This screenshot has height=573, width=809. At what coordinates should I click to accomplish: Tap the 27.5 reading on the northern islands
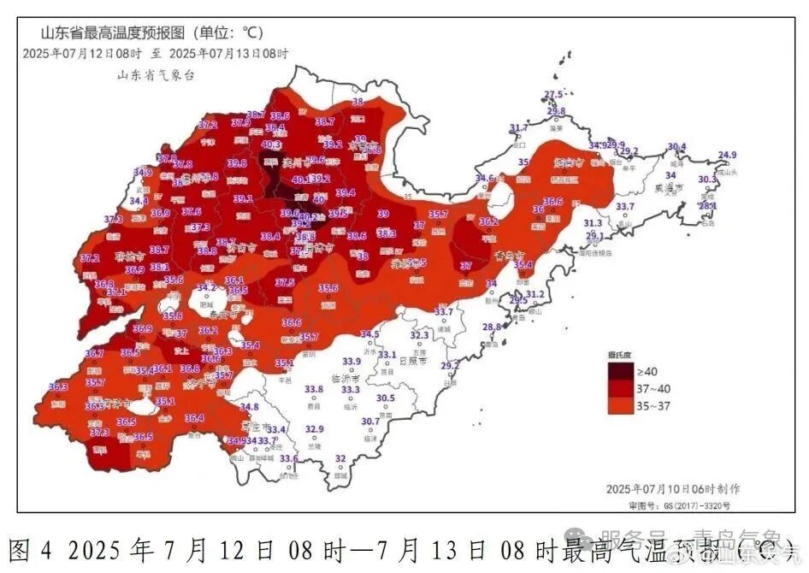[x=554, y=95]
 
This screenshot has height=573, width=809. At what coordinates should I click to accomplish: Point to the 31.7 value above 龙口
[x=518, y=128]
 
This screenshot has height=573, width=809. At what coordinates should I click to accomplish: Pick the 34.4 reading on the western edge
[x=139, y=202]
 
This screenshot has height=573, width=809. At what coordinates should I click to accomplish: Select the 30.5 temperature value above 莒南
[x=386, y=399]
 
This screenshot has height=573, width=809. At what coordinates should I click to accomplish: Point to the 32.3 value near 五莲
[x=419, y=336]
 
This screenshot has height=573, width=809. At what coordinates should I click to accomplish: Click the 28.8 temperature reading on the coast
[x=492, y=328]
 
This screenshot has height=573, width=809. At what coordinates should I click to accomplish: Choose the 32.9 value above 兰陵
[x=315, y=429]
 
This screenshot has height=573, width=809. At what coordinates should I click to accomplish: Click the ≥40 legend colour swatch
[x=622, y=372]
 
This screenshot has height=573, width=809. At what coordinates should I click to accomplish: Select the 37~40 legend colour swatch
[x=622, y=389]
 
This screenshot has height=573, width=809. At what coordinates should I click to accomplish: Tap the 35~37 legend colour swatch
[x=622, y=406]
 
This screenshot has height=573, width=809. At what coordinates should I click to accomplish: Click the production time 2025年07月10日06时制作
[x=673, y=488]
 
